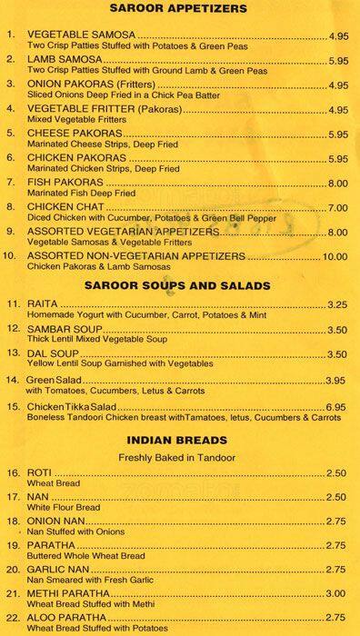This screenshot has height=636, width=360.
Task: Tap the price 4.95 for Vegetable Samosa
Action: point(338,36)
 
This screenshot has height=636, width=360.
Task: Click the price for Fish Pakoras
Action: point(338,183)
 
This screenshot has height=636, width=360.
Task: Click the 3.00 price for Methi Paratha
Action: point(338,592)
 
